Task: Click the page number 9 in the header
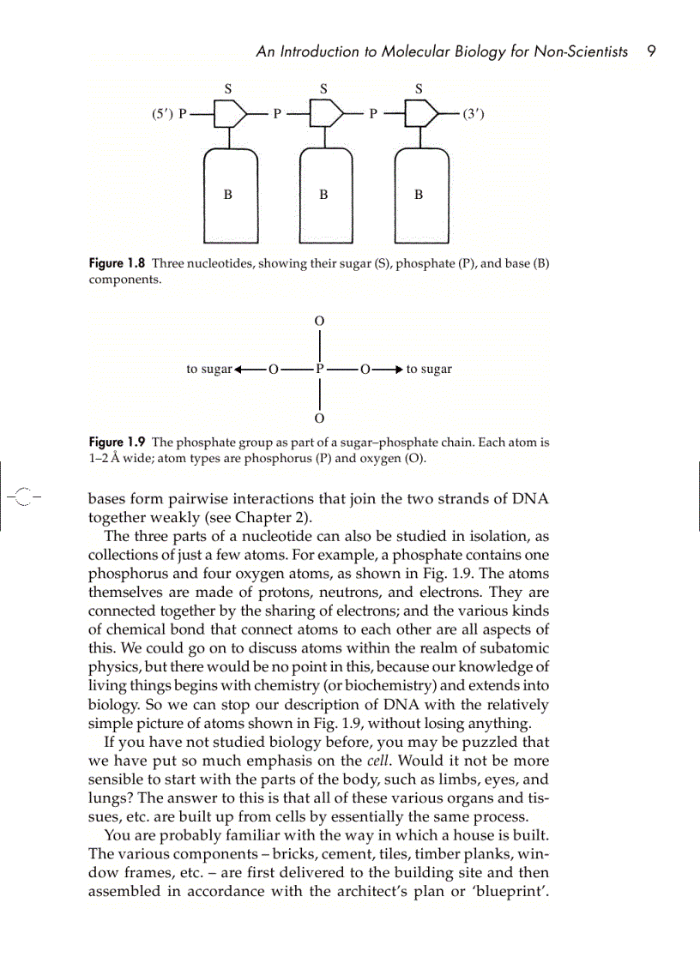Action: pos(651,51)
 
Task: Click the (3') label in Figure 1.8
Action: pos(473,113)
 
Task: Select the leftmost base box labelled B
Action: pos(228,195)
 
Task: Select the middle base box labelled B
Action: pos(323,195)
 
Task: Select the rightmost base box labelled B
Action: pos(419,195)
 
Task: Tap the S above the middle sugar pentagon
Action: pos(323,87)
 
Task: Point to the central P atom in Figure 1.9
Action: pos(319,370)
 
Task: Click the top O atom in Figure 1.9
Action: pos(319,320)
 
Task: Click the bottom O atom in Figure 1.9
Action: pos(319,419)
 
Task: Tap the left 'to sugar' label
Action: pos(209,370)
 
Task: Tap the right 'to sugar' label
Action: pos(429,370)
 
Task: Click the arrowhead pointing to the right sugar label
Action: pos(395,370)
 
